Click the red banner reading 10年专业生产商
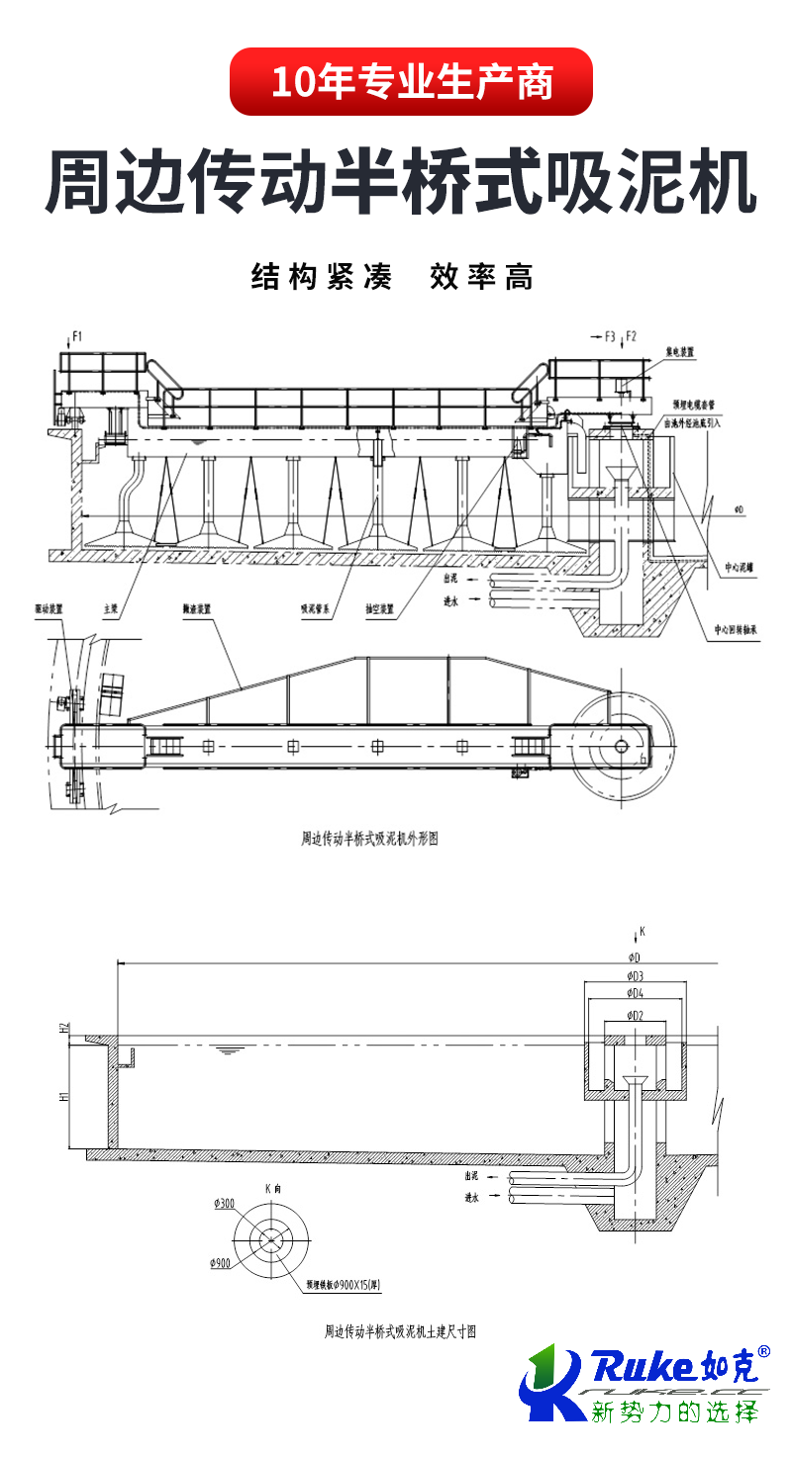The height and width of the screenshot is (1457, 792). click(411, 82)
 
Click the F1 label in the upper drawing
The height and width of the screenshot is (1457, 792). click(76, 337)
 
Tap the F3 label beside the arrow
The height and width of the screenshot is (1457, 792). click(611, 336)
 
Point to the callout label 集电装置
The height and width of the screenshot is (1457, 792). click(680, 351)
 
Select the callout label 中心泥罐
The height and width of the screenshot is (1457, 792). click(739, 568)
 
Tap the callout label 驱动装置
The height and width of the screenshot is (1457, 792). click(49, 610)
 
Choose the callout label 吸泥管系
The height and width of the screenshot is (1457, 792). click(315, 610)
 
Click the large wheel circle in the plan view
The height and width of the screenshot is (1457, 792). click(621, 746)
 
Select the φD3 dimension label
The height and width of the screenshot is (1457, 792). click(635, 975)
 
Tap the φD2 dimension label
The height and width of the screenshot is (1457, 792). click(635, 1015)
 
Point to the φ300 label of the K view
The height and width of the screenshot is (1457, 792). click(224, 1204)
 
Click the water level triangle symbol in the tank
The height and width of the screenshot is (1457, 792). click(230, 1049)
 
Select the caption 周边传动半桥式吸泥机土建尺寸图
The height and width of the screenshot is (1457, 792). click(401, 1331)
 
